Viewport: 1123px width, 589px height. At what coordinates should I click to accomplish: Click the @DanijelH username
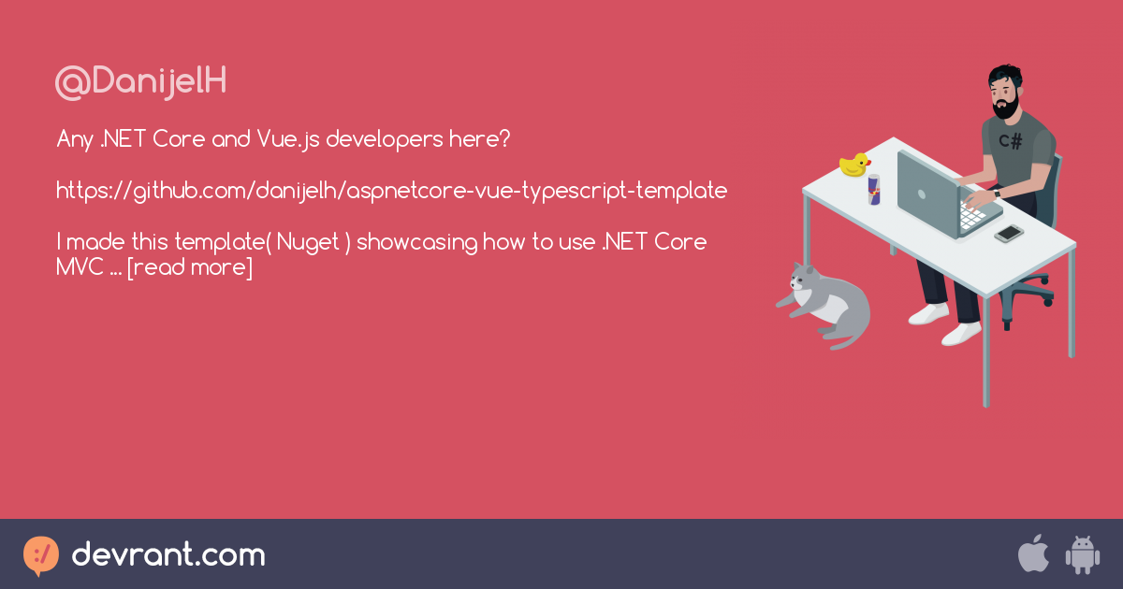tap(141, 81)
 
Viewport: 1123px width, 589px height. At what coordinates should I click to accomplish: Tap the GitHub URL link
tap(391, 192)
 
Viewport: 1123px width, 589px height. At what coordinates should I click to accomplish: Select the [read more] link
tap(190, 267)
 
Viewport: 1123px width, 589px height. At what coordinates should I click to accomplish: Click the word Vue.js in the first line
tap(288, 139)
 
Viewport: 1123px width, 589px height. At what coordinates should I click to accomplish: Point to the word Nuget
tap(308, 243)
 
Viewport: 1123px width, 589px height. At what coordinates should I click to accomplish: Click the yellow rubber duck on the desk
tap(854, 165)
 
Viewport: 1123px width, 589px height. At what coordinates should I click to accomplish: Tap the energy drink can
tap(874, 189)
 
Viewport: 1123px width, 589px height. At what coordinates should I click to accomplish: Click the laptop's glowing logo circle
tap(921, 194)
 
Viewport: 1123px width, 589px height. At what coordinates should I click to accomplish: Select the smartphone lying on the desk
tap(1009, 234)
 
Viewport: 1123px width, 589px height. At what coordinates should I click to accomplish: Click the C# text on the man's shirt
tap(1010, 141)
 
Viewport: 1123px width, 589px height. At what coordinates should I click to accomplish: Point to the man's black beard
tap(1005, 108)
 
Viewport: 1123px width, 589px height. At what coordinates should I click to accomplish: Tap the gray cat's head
tap(804, 276)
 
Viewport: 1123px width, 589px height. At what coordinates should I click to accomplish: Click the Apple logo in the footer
tap(1033, 553)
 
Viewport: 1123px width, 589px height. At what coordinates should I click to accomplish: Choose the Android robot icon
tap(1083, 554)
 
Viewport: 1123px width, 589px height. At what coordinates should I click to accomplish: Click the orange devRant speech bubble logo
tap(41, 555)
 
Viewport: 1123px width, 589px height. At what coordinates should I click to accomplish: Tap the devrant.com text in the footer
tap(168, 554)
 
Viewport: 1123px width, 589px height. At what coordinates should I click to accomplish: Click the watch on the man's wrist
tap(997, 194)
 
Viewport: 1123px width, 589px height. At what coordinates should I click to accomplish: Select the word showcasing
tap(416, 243)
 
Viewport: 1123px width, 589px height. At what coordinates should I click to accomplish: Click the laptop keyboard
tap(972, 216)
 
